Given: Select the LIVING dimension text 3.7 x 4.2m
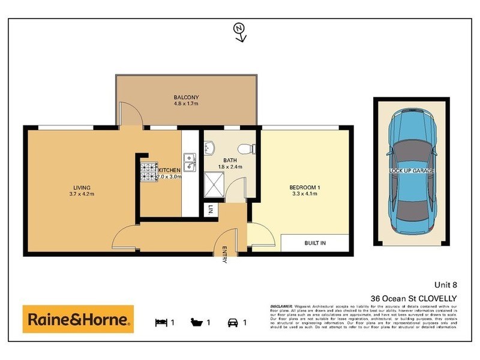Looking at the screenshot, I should click(x=82, y=193).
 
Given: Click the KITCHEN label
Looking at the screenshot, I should click(x=169, y=170).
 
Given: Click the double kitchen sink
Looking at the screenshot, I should click(x=188, y=161).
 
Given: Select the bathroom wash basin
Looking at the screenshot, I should click(x=209, y=147).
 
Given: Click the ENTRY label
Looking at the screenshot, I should click(x=224, y=256).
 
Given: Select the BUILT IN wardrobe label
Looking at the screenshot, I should click(x=314, y=242).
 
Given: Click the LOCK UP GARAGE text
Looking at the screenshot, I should click(x=411, y=171).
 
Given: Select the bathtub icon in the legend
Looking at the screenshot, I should click(x=197, y=322).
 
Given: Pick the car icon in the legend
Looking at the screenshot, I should click(x=232, y=322).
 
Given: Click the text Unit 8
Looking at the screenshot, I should click(x=446, y=286).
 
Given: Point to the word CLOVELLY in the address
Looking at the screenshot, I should click(x=438, y=298).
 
